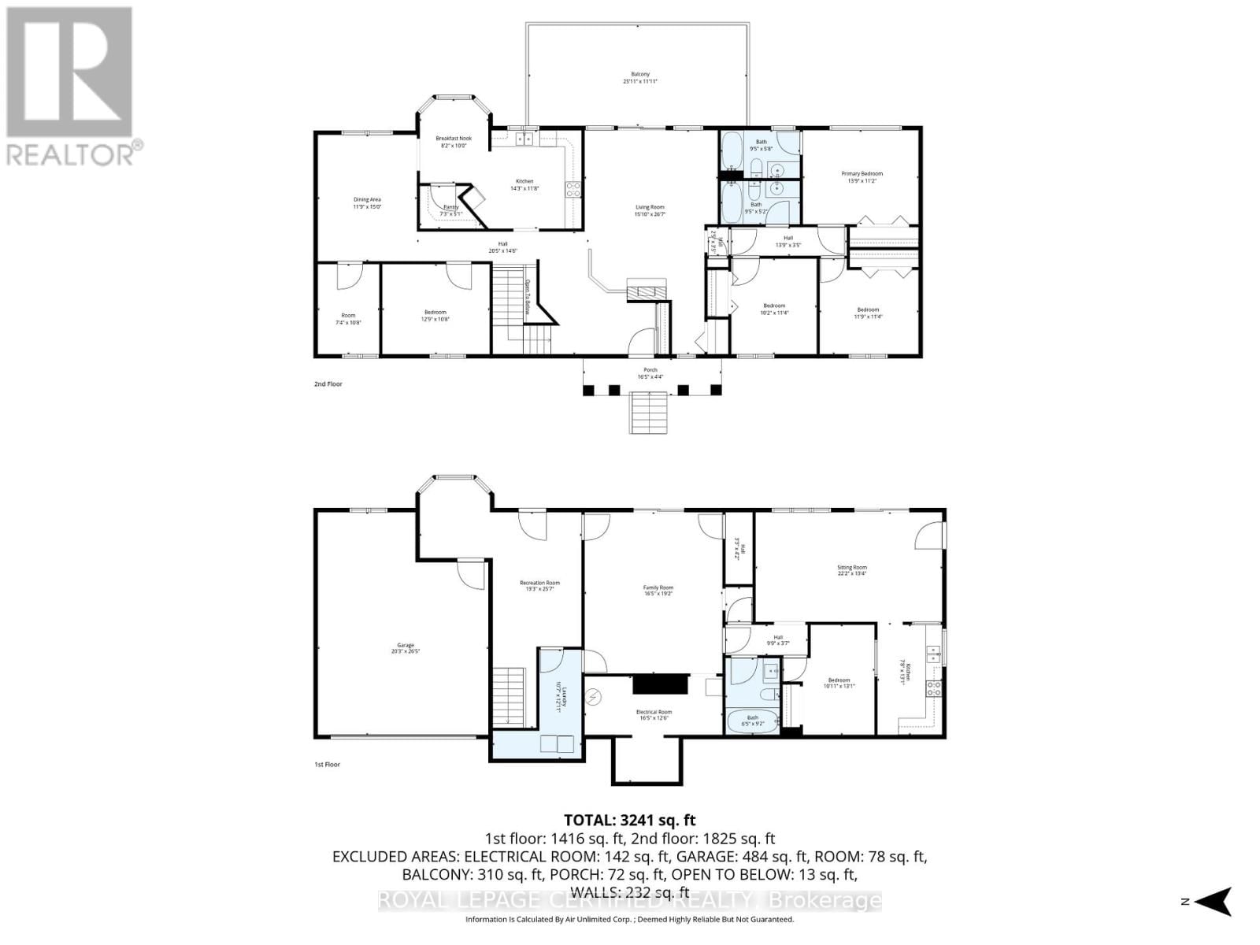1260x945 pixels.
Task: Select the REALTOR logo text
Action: pos(76,152)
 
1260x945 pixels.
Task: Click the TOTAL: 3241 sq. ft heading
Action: pos(630,821)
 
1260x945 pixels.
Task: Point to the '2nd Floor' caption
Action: pos(328,384)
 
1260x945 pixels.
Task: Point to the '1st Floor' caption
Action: pos(327,765)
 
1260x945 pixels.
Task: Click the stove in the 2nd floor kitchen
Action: pos(573,189)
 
